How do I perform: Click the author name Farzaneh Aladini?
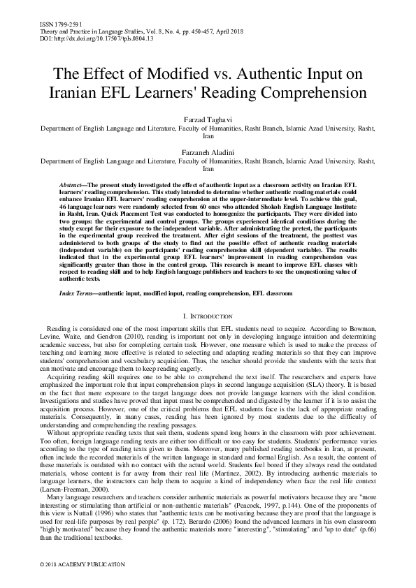[208, 152]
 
